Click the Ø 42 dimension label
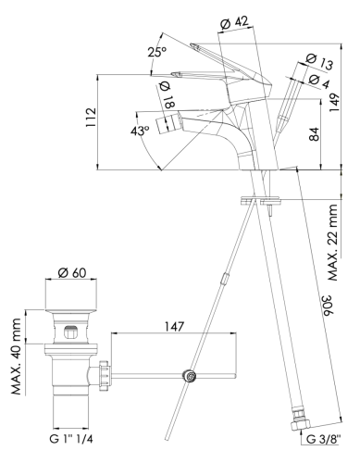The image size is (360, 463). tap(235, 23)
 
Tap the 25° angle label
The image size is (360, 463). tap(156, 52)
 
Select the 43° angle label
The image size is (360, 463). tap(140, 131)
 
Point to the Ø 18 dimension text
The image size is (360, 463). tap(167, 95)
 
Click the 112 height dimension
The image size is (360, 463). tap(92, 118)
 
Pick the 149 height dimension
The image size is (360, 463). tap(334, 103)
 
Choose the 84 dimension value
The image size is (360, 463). tap(314, 134)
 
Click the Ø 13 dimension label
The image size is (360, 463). tap(320, 61)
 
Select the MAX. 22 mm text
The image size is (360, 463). tap(333, 243)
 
